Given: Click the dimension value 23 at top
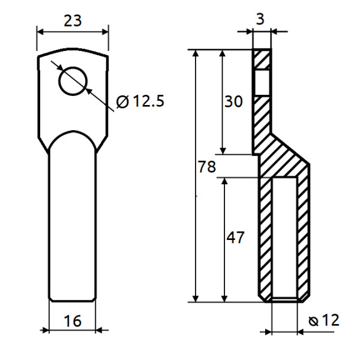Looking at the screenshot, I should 73,20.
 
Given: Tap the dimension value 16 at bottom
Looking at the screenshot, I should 73,321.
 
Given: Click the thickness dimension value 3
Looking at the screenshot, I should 260,19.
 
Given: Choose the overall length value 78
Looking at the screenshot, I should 206,167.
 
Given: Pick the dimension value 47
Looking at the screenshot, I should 235,238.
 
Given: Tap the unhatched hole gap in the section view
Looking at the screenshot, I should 262,83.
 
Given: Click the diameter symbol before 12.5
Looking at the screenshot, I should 122,101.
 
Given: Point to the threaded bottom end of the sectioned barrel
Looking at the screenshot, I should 285,298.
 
